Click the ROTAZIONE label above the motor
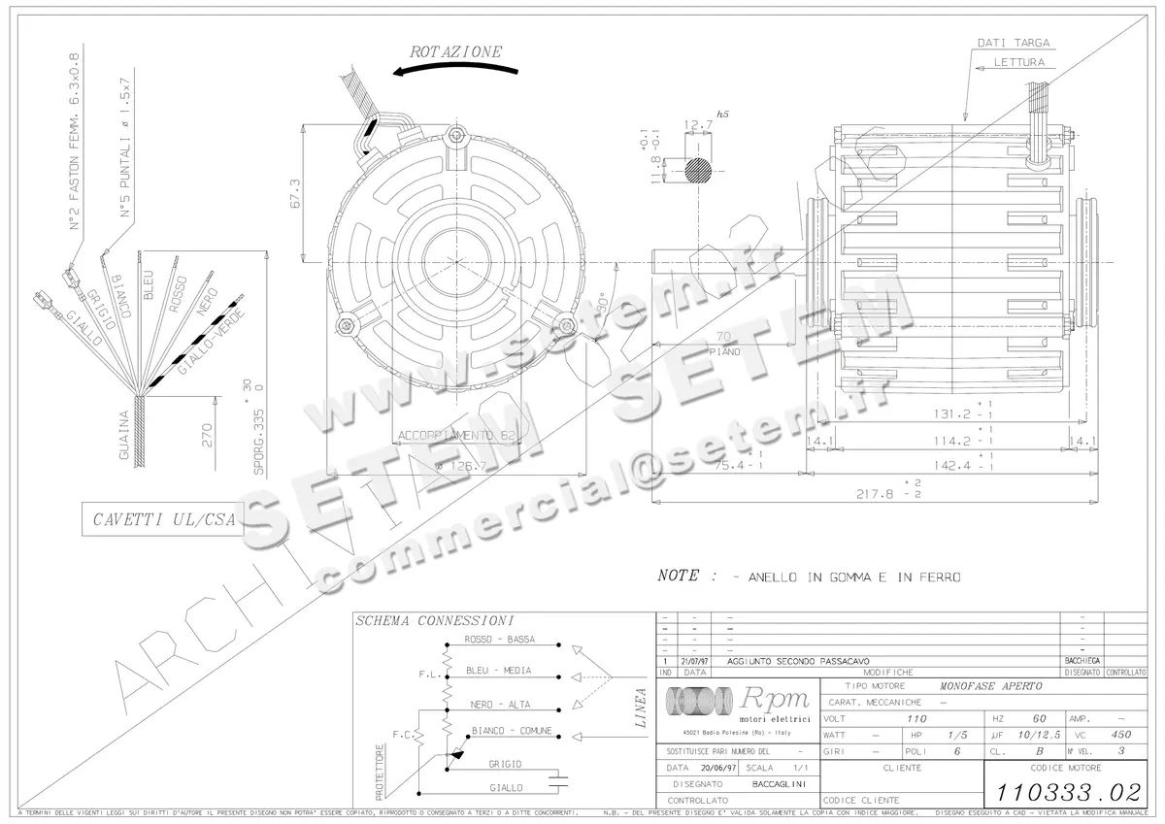(x=455, y=51)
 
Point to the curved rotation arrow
(x=456, y=71)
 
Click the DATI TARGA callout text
(x=1014, y=43)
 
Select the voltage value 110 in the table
(x=915, y=719)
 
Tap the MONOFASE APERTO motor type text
(x=990, y=686)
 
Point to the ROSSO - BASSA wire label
(x=501, y=641)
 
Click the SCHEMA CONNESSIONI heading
(x=433, y=621)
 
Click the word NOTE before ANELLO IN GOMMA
(x=678, y=576)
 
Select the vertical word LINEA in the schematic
(x=641, y=709)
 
